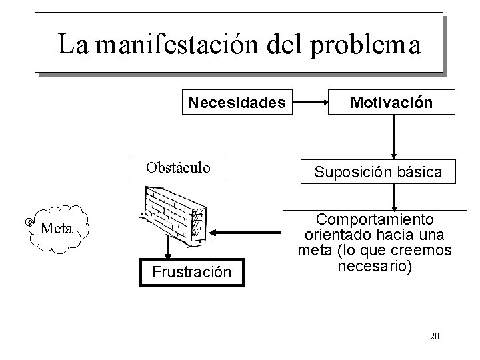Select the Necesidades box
click(237, 103)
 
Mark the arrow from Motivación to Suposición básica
click(395, 137)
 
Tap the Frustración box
click(191, 272)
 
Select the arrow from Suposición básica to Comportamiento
click(395, 196)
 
